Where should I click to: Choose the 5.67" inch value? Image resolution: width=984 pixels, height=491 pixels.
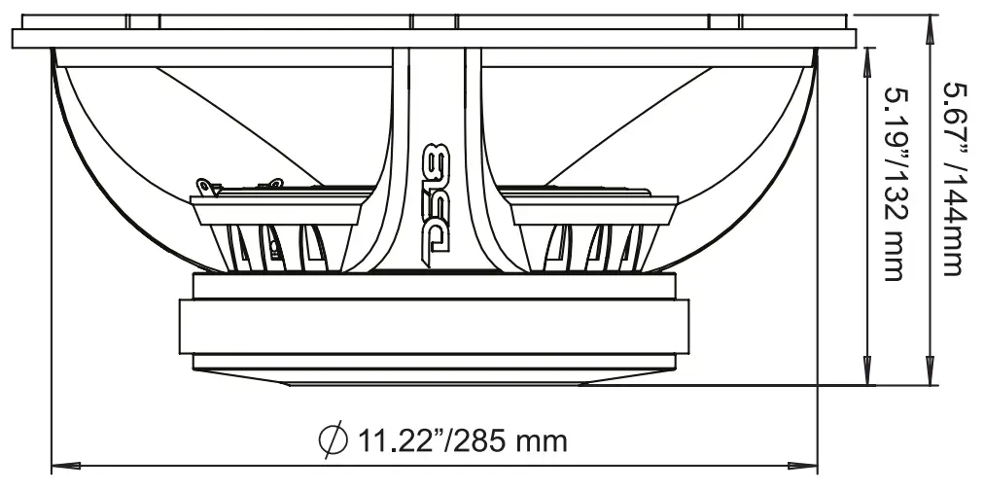[x=958, y=117]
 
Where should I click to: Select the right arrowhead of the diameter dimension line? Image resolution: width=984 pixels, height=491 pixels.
[x=810, y=464]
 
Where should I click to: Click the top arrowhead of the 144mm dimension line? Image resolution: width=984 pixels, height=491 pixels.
[x=931, y=29]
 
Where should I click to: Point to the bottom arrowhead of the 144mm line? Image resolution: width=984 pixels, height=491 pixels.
[x=931, y=377]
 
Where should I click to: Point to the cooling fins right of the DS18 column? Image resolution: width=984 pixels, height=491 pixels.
[x=593, y=245]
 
